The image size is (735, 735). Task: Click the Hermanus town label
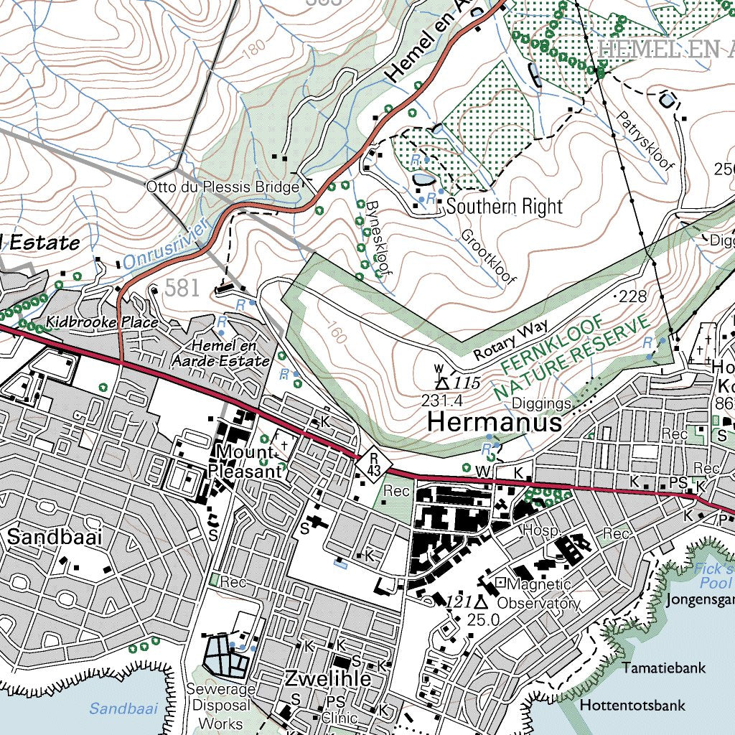(x=495, y=422)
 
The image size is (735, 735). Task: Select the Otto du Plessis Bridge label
(x=222, y=187)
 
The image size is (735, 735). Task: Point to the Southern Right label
(x=504, y=207)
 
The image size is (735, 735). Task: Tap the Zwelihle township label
(x=328, y=678)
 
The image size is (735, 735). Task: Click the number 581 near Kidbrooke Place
(x=181, y=289)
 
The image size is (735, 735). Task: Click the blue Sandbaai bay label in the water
(x=123, y=708)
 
